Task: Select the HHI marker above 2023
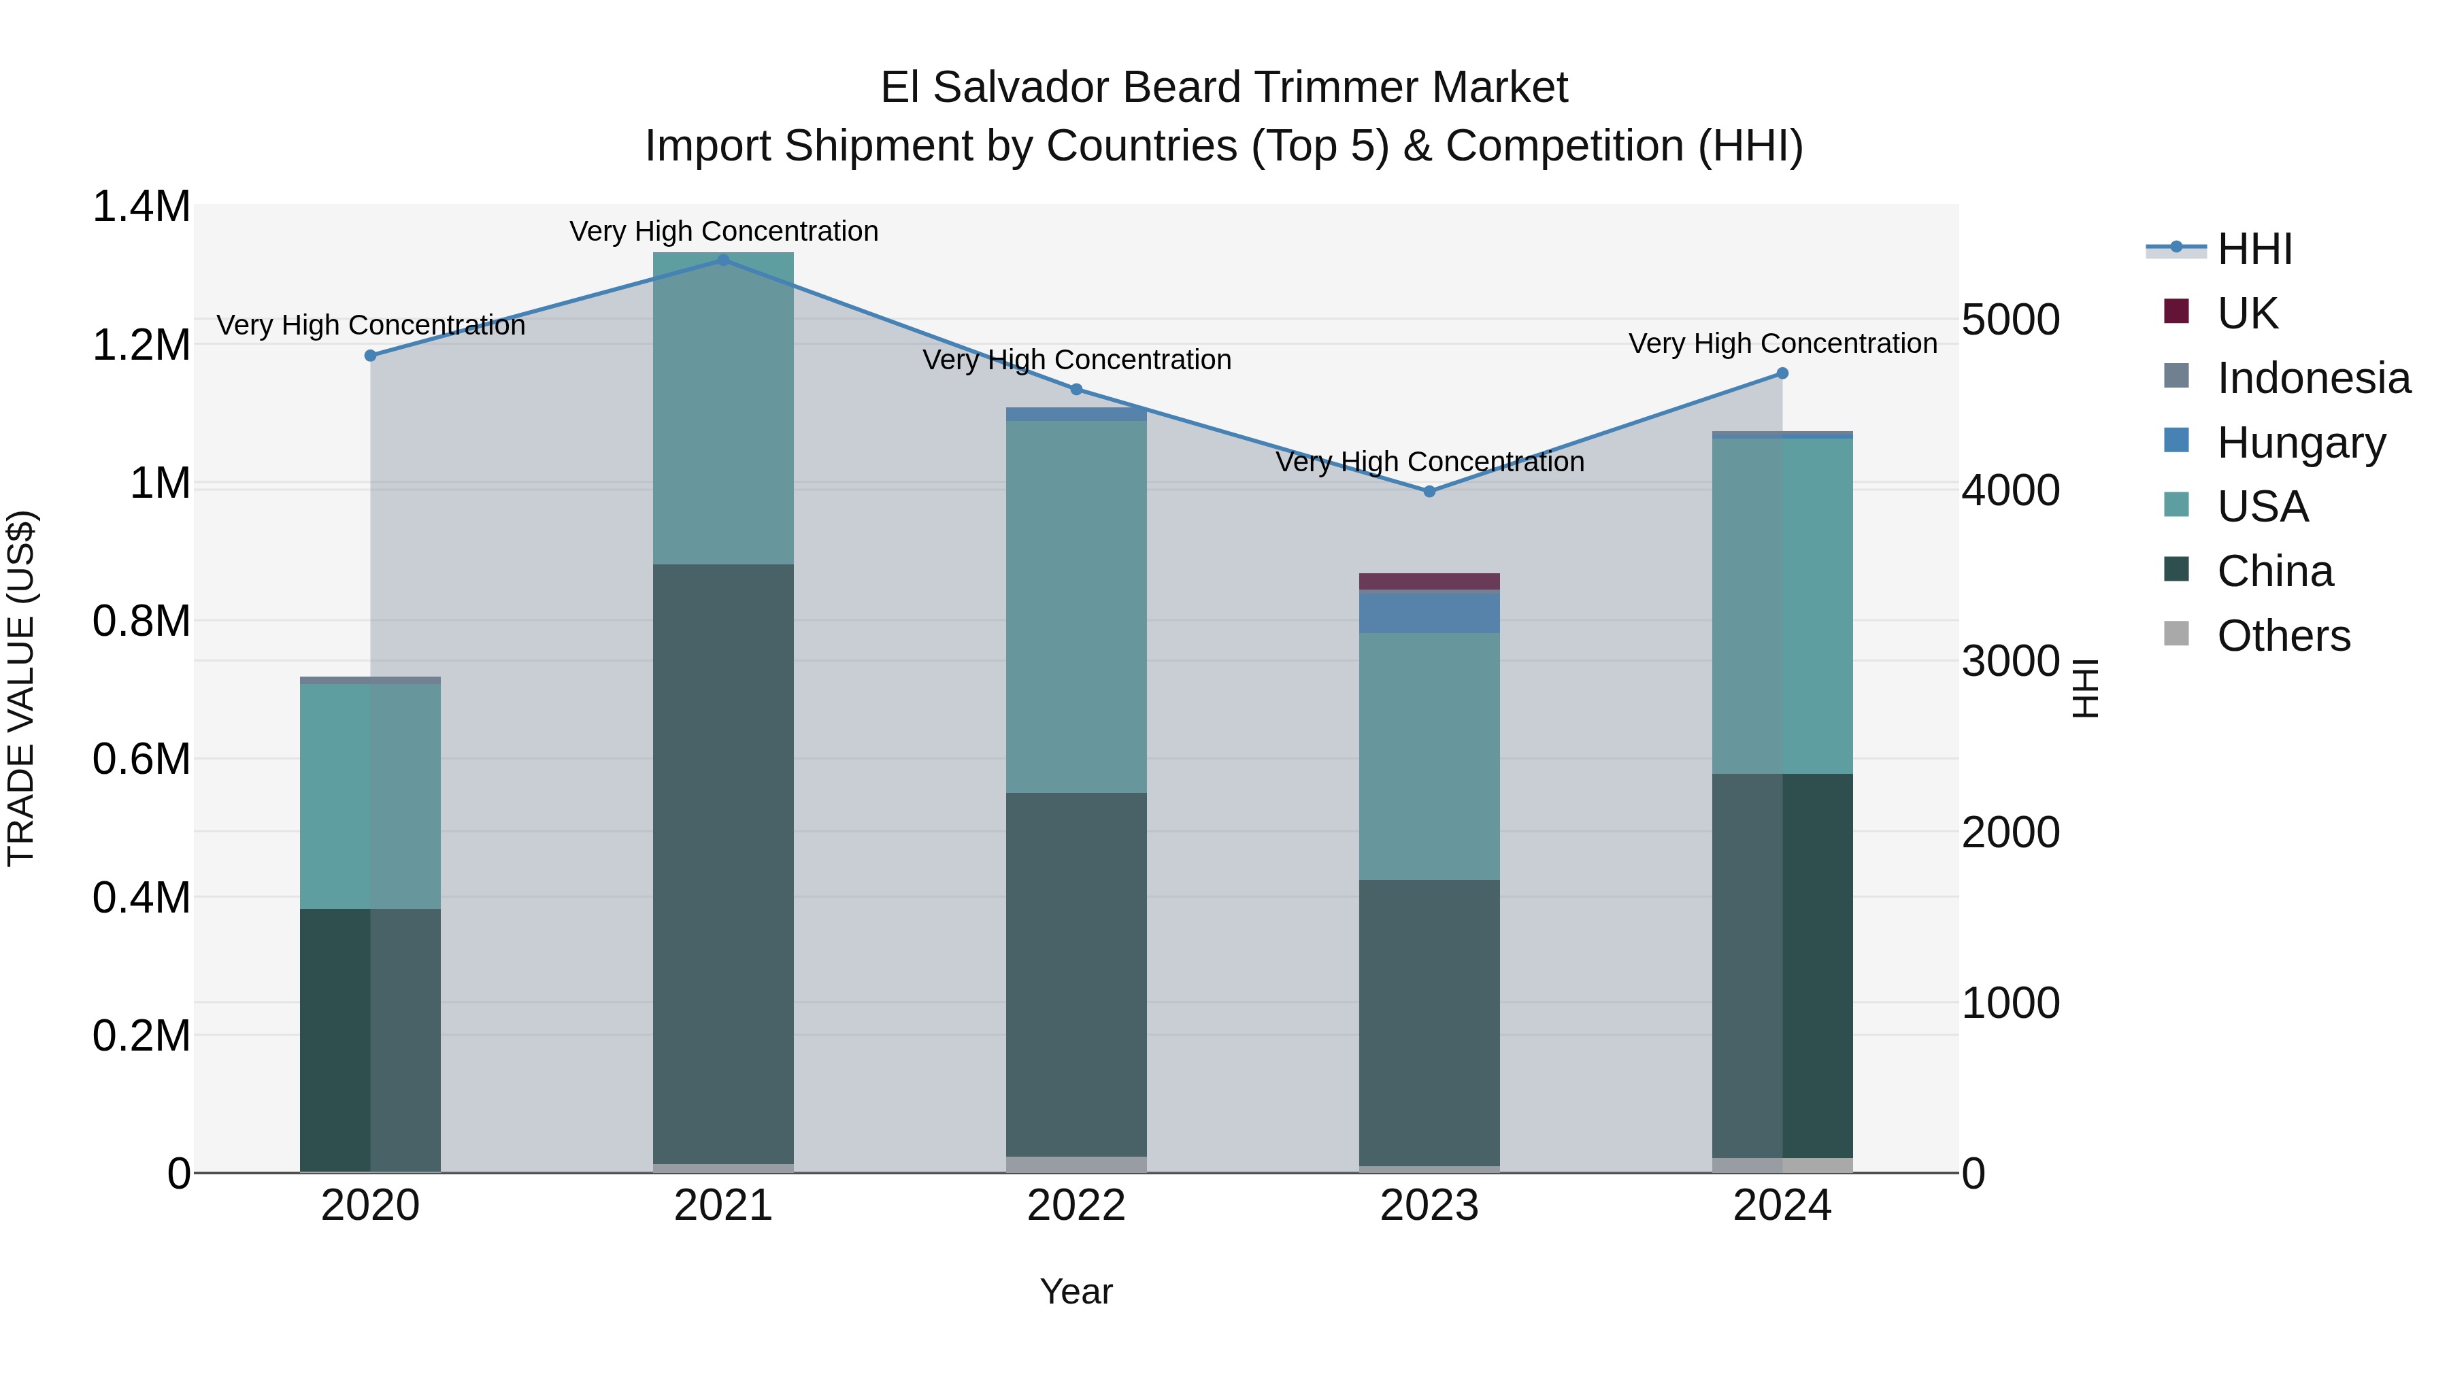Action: tap(1429, 492)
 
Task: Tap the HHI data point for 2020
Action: tap(371, 356)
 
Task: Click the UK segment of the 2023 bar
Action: tap(1429, 581)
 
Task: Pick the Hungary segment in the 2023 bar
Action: tap(1429, 613)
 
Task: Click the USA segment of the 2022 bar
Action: tap(1076, 607)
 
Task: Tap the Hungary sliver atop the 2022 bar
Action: tap(1076, 414)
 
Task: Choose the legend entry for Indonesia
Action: tap(2313, 378)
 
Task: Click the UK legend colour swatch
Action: tap(2176, 311)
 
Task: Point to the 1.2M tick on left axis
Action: tap(141, 345)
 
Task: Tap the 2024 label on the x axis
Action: tap(1782, 1206)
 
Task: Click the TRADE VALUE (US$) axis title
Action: tap(21, 688)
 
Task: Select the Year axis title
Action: tap(1076, 1291)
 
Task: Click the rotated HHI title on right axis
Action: tap(2085, 688)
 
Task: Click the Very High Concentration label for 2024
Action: tap(1782, 343)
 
